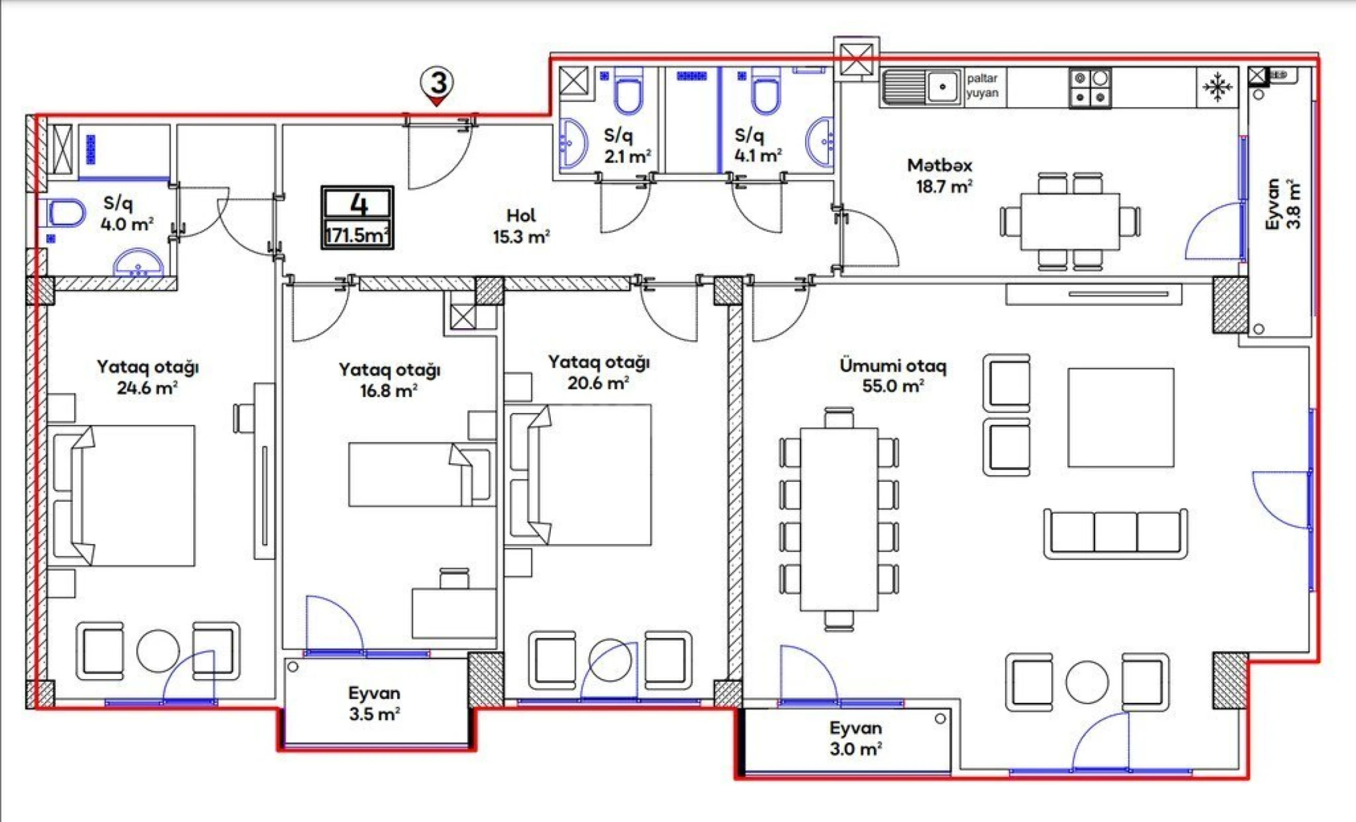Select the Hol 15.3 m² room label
coord(521,226)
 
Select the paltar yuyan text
coord(982,86)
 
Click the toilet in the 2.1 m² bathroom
coord(628,94)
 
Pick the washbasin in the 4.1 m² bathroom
coord(820,141)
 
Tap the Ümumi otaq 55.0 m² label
coord(893,376)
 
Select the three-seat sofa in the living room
coord(1116,534)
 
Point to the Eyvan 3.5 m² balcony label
coord(374,703)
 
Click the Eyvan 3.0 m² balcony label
coord(856,738)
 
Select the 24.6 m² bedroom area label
coord(147,378)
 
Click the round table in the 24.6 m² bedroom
coord(158,651)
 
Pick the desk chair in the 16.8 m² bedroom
coord(455,579)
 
